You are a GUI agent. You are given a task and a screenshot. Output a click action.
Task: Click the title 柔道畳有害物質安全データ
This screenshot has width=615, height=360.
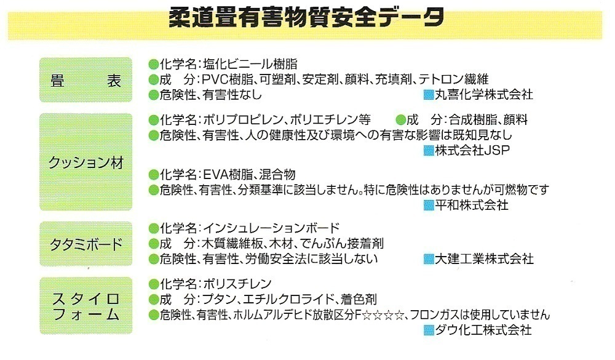point(306,18)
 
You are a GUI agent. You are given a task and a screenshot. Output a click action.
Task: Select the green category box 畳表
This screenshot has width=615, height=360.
point(85,80)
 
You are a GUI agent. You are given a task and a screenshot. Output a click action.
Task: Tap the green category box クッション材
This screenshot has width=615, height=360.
point(85,162)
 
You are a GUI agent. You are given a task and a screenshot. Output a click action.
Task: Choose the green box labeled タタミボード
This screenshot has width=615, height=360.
point(85,244)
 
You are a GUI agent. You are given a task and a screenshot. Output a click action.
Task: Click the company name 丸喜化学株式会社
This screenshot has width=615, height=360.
point(483,95)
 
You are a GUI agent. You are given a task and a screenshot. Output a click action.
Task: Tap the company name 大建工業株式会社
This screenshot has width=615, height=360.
point(483,260)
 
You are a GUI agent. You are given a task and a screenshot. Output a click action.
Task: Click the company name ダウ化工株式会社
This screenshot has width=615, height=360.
point(483,330)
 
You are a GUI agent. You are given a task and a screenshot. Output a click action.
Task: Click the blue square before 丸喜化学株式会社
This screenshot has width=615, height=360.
point(429,95)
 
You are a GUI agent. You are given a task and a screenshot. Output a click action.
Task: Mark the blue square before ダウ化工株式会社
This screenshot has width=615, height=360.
point(429,330)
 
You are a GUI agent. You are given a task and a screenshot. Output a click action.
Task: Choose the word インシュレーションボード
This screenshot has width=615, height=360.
point(271,228)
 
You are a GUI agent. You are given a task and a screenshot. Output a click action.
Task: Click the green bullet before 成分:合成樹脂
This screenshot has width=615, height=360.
point(401,120)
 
